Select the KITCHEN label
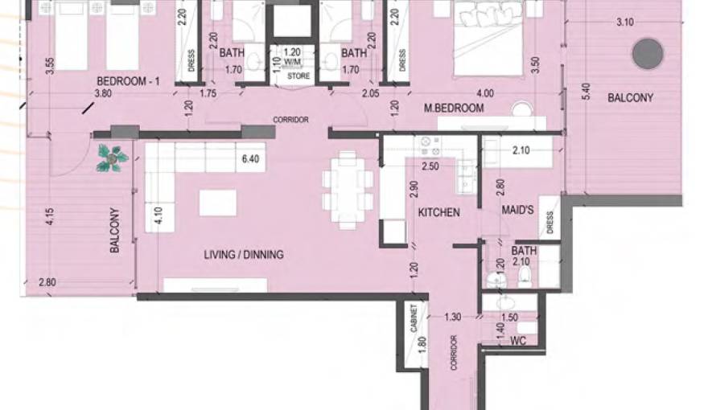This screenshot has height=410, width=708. click(438, 212)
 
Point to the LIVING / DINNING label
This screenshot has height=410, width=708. click(243, 255)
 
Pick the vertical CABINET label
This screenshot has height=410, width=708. click(414, 320)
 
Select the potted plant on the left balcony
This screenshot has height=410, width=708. click(112, 158)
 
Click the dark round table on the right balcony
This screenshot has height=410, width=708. click(647, 54)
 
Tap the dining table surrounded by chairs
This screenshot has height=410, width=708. click(347, 188)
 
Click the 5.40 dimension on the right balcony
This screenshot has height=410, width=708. click(586, 98)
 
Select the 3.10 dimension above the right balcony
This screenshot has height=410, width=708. click(624, 23)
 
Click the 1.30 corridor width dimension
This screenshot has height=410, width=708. click(453, 318)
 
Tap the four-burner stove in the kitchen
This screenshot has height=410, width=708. click(427, 146)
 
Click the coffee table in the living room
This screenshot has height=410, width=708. click(217, 202)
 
